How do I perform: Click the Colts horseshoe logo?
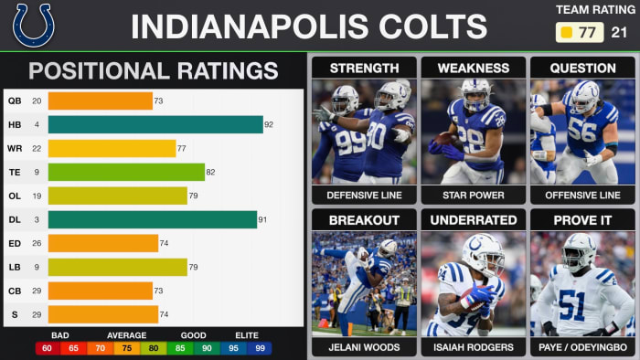pyautogui.click(x=34, y=25)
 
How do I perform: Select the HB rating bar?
pyautogui.click(x=155, y=124)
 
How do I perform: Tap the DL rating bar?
pyautogui.click(x=152, y=219)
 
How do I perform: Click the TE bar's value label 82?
pyautogui.click(x=211, y=172)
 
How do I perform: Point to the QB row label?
pyautogui.click(x=15, y=101)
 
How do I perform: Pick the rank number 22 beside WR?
pyautogui.click(x=37, y=148)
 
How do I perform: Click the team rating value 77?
pyautogui.click(x=586, y=33)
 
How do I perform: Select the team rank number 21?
pyautogui.click(x=619, y=33)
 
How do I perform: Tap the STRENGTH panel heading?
pyautogui.click(x=363, y=69)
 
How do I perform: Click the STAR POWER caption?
pyautogui.click(x=473, y=195)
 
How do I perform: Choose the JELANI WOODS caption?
pyautogui.click(x=363, y=346)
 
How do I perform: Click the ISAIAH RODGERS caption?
pyautogui.click(x=473, y=346)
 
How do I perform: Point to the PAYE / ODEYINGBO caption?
pyautogui.click(x=582, y=346)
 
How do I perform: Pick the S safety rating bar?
pyautogui.click(x=103, y=314)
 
